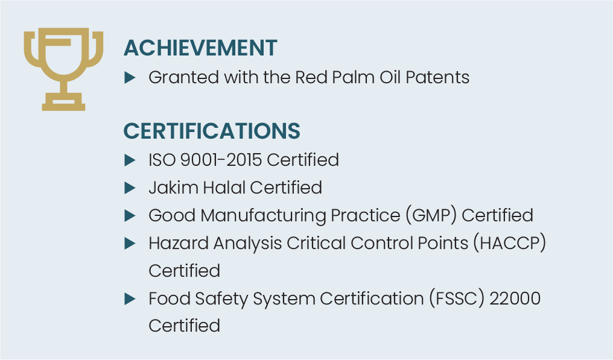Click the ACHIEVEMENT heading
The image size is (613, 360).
click(x=200, y=48)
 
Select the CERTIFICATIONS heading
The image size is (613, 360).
click(x=212, y=131)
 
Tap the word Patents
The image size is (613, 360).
click(x=437, y=77)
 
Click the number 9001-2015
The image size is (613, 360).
click(x=221, y=159)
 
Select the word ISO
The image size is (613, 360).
click(x=162, y=159)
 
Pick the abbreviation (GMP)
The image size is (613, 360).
click(x=431, y=215)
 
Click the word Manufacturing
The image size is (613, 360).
click(x=263, y=216)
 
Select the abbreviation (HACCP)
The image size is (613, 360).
click(x=510, y=243)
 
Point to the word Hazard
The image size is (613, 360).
click(x=179, y=243)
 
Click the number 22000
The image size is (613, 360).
click(x=515, y=298)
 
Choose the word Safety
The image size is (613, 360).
click(x=221, y=299)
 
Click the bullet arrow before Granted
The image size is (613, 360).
click(x=130, y=77)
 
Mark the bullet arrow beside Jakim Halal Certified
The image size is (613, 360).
click(x=130, y=188)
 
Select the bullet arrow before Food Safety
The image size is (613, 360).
click(x=130, y=299)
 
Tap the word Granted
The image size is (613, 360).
click(x=184, y=77)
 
